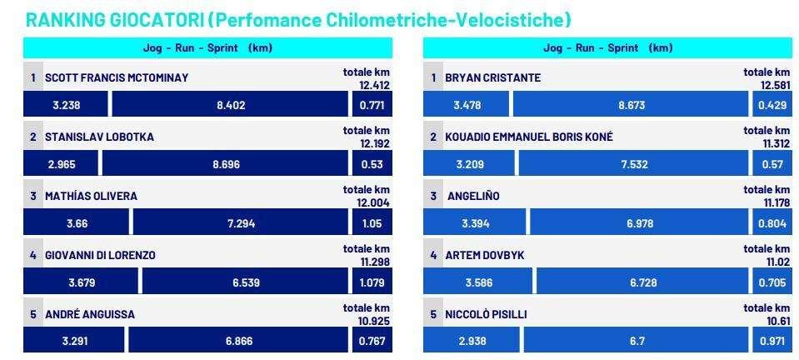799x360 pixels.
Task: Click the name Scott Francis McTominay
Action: click(117, 78)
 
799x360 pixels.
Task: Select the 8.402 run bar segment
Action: click(230, 104)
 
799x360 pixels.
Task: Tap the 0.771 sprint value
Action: click(372, 106)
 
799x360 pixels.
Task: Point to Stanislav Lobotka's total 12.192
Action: click(375, 144)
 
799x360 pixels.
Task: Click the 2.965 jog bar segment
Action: click(61, 163)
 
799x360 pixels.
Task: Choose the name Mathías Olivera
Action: click(91, 197)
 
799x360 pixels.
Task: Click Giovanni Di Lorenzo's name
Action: click(100, 256)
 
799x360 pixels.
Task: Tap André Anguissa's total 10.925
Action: click(375, 321)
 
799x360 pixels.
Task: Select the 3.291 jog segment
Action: click(74, 340)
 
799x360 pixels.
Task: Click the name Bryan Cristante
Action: click(492, 78)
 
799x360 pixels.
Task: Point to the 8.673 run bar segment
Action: click(631, 104)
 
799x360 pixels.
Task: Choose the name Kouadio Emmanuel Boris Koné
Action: click(529, 137)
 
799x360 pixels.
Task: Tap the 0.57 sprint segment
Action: click(772, 163)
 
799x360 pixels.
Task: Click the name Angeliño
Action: click(473, 197)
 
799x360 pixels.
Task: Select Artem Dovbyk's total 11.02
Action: click(777, 262)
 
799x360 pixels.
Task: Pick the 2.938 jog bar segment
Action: click(472, 340)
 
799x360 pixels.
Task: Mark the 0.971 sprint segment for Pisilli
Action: click(772, 340)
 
